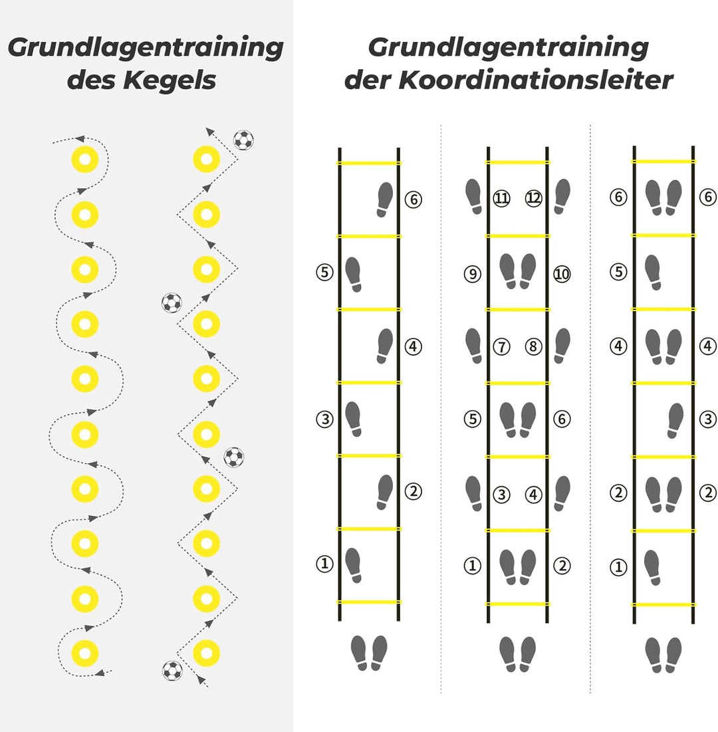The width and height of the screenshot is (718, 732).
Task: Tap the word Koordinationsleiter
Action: click(536, 80)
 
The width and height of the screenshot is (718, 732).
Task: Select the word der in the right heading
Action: click(367, 80)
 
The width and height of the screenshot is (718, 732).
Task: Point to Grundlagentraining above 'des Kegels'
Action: click(146, 48)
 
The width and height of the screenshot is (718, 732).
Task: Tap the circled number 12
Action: click(534, 198)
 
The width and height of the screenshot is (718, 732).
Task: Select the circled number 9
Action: click(472, 273)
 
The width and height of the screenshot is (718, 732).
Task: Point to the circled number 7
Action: click(501, 346)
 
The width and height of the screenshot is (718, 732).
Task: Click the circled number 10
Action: click(562, 273)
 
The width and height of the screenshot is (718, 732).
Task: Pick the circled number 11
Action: click(501, 198)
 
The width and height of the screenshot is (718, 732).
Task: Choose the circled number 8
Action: click(534, 346)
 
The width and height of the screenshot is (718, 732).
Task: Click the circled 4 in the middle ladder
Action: click(534, 495)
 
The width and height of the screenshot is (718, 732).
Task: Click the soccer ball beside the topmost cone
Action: click(243, 140)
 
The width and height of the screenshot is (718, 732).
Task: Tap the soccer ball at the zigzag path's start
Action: click(172, 670)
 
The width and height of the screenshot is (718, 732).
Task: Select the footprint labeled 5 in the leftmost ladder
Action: click(354, 274)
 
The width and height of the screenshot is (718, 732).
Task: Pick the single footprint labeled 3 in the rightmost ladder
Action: click(675, 420)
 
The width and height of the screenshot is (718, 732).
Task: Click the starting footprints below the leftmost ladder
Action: click(368, 653)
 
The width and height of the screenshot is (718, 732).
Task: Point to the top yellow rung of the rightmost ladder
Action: click(663, 162)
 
